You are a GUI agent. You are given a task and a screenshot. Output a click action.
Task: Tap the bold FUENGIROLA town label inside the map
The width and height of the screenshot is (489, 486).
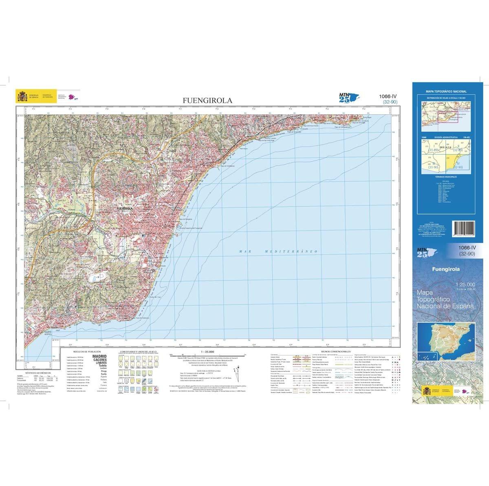[126, 209]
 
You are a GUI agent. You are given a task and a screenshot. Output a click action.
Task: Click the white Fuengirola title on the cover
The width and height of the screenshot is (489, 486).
[446, 269]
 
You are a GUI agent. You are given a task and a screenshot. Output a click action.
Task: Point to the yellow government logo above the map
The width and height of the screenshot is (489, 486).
[22, 97]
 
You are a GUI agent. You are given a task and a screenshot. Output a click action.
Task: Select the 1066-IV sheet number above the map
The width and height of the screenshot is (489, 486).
[387, 97]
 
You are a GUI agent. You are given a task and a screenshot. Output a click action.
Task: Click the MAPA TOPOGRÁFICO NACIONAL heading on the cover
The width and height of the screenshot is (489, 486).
[446, 92]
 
